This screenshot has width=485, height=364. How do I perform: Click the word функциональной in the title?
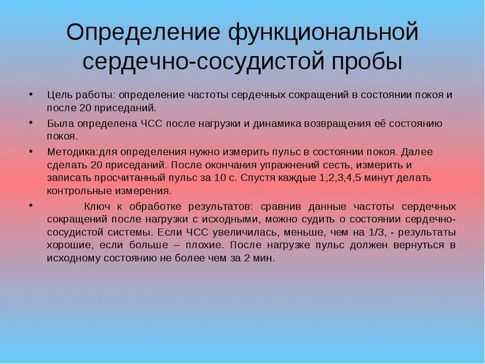pos(323,32)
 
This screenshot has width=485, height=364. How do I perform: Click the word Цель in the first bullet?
pos(59,94)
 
